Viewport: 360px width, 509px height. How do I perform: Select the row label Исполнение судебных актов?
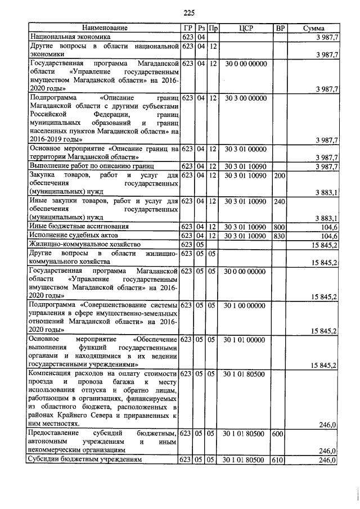click(x=67, y=236)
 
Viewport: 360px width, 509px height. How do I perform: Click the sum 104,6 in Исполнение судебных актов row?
click(x=327, y=236)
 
